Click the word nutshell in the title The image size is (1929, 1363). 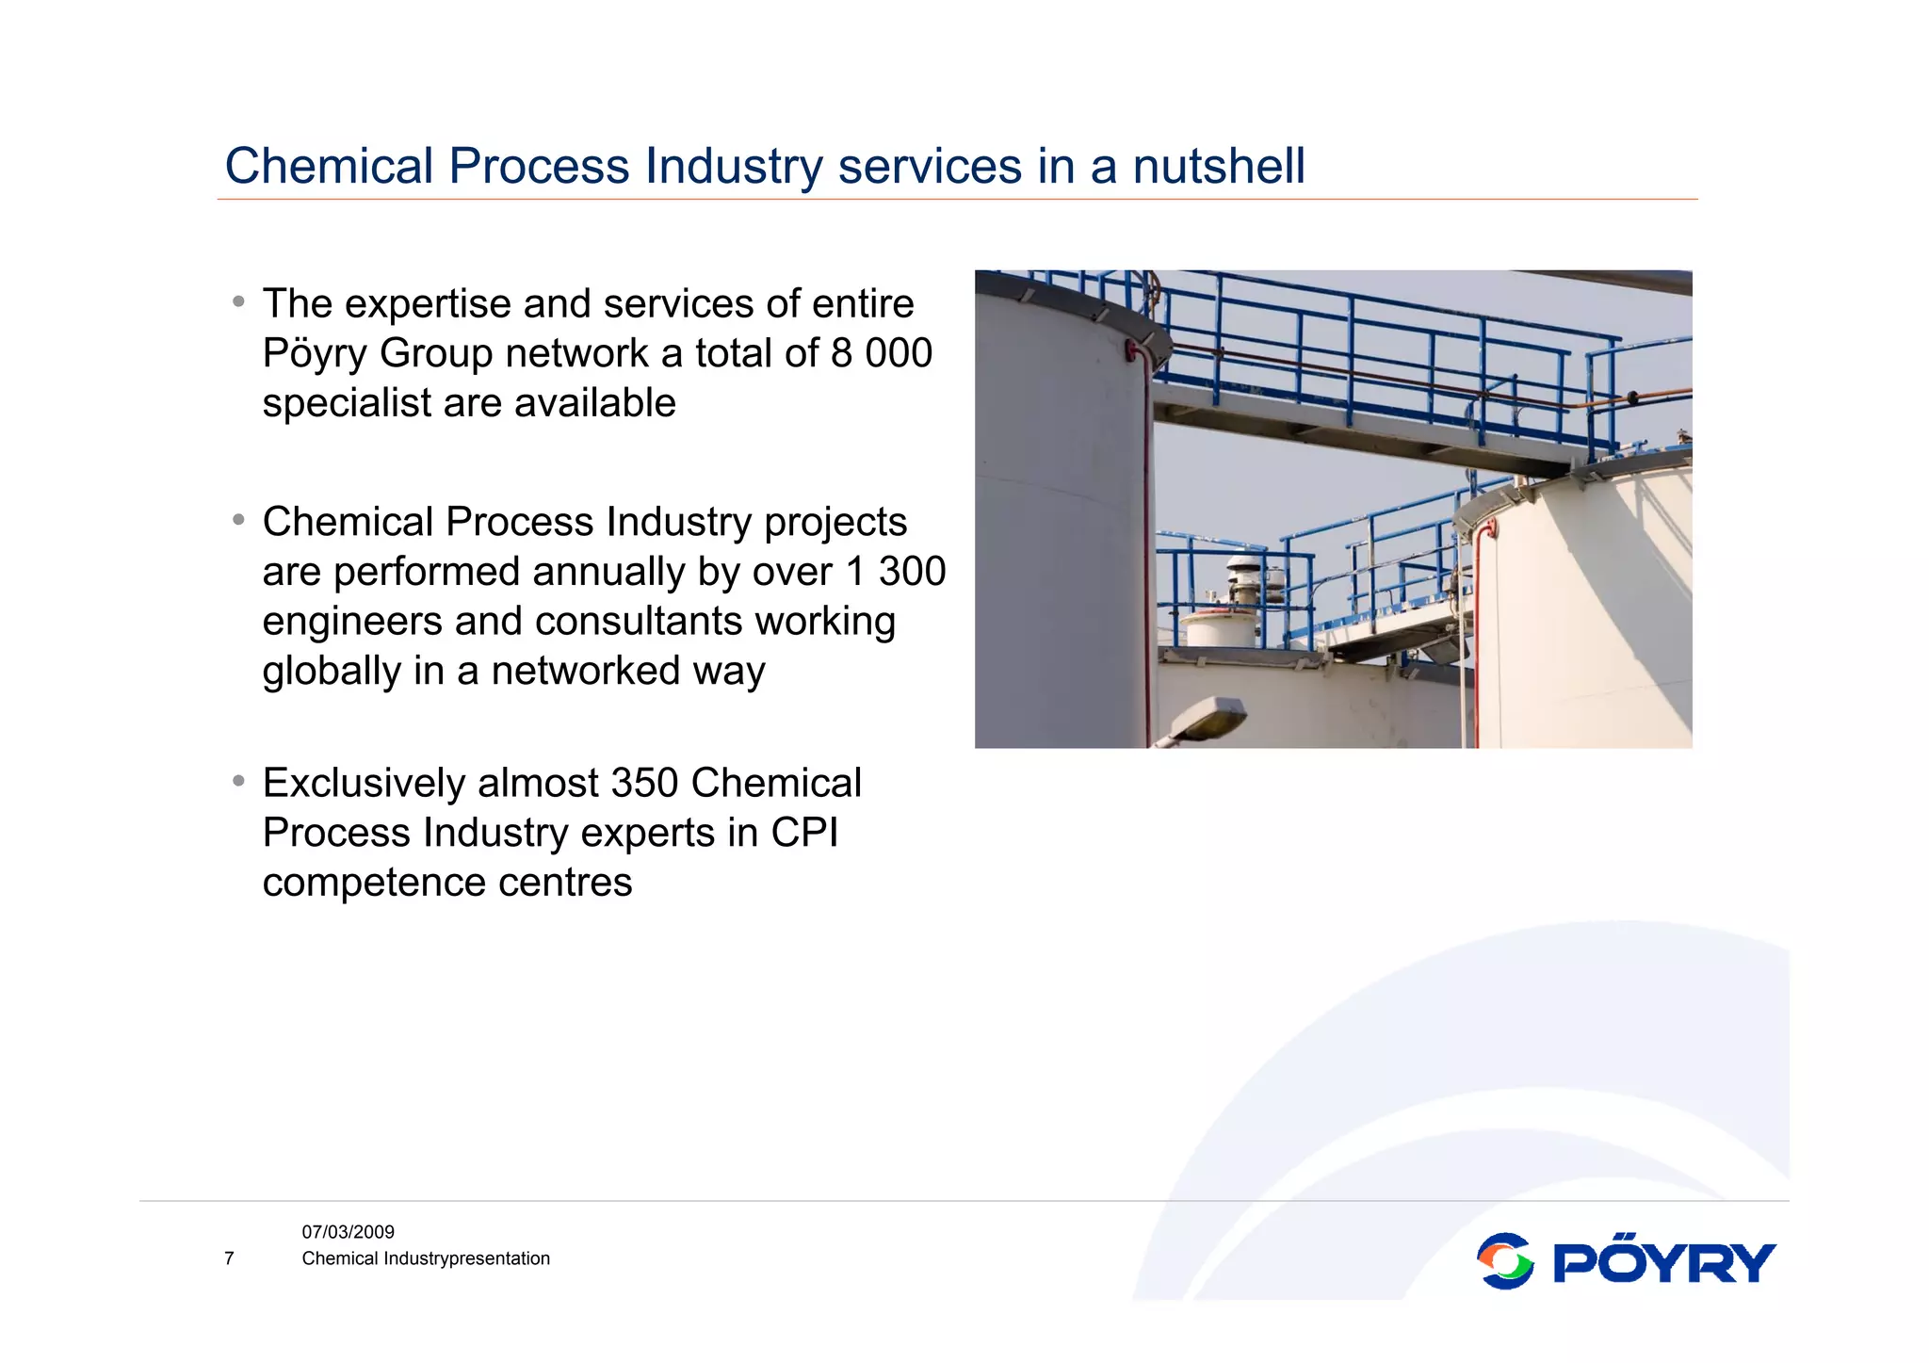point(1218,167)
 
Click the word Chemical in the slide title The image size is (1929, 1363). point(328,167)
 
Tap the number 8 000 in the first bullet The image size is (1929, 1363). point(881,353)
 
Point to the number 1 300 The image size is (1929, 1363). point(896,572)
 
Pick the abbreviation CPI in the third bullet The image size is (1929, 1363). point(804,833)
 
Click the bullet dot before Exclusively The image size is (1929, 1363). point(239,781)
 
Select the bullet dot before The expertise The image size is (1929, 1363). point(239,301)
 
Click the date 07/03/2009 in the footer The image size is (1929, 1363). point(348,1232)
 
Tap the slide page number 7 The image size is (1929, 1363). point(229,1258)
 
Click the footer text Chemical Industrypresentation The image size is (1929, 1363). point(425,1258)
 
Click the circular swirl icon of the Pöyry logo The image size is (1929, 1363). point(1504,1261)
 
